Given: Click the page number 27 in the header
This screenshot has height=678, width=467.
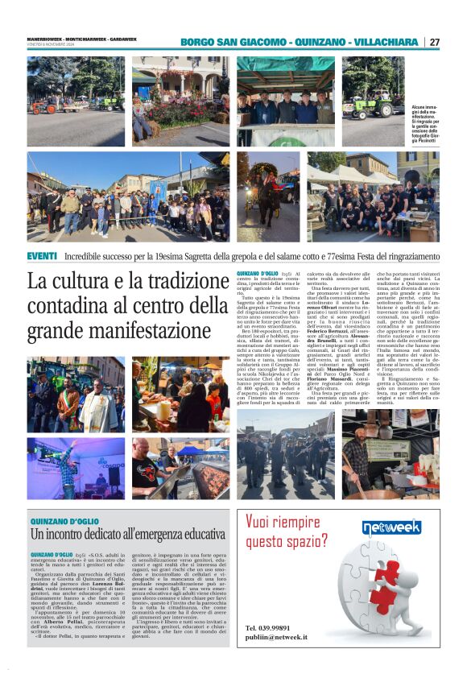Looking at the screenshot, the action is point(434,42).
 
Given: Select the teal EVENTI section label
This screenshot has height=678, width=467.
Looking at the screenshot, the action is point(41,255).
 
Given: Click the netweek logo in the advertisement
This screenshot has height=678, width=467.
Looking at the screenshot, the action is point(391,527).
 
